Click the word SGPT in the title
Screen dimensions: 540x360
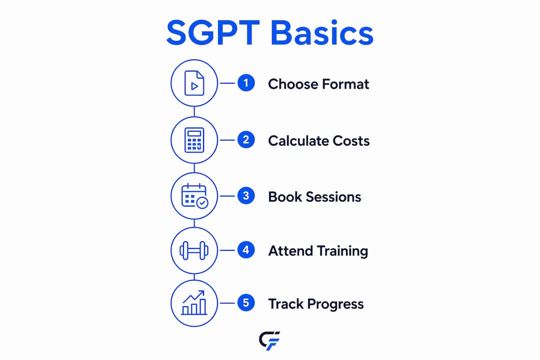tap(213, 32)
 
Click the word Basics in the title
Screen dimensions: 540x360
tap(322, 32)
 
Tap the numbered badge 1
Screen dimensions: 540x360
tap(246, 83)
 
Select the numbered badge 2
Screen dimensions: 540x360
tap(246, 140)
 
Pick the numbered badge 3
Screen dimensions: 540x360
tap(246, 195)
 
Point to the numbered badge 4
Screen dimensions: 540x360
tap(246, 250)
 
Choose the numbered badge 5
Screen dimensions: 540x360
tap(246, 303)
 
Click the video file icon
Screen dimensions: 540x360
tap(194, 83)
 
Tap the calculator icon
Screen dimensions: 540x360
tap(194, 140)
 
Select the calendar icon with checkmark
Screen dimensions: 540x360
tap(194, 195)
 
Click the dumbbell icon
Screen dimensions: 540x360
tap(194, 250)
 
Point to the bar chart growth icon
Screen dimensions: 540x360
tap(194, 303)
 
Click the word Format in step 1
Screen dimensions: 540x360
tap(345, 84)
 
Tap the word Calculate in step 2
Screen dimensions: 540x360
tap(297, 141)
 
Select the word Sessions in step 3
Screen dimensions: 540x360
tap(333, 197)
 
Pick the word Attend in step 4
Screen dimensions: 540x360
tap(290, 251)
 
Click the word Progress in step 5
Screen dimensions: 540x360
tap(335, 304)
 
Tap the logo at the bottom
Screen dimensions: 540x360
tap(269, 340)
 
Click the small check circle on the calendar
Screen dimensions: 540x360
tap(202, 203)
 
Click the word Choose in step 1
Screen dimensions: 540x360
tap(292, 84)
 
